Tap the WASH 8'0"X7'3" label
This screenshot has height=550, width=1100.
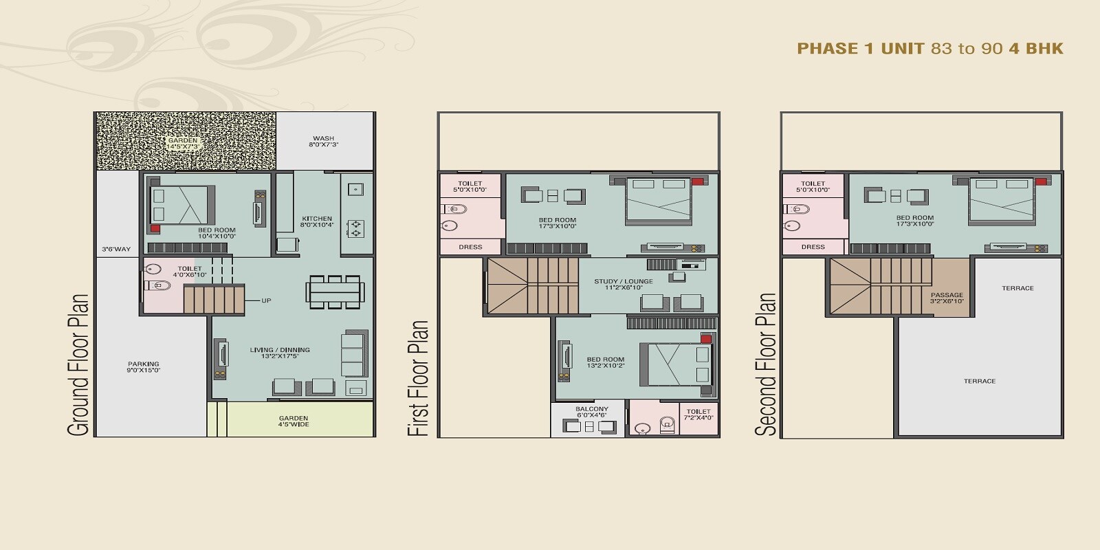click(x=323, y=142)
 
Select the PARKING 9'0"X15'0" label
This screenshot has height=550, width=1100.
click(x=143, y=367)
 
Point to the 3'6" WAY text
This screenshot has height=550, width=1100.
click(x=115, y=249)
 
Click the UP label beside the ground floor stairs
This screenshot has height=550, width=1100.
click(x=265, y=300)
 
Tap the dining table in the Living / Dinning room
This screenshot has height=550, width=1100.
click(x=334, y=291)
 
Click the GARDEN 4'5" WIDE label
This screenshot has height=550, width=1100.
click(x=294, y=421)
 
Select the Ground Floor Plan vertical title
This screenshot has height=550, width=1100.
click(x=78, y=364)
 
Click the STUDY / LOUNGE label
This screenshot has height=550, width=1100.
click(x=624, y=284)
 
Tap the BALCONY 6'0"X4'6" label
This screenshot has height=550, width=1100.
click(x=591, y=412)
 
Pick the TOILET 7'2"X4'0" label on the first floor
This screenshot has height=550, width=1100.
click(x=698, y=414)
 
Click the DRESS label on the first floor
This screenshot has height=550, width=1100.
click(x=470, y=247)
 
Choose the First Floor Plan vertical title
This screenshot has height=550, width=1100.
click(x=418, y=377)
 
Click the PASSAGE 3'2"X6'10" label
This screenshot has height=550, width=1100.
click(x=947, y=298)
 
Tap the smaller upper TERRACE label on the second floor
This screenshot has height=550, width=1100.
click(x=1017, y=288)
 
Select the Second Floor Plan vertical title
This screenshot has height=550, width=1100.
click(x=765, y=364)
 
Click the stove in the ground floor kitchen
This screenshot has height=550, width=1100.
click(x=355, y=228)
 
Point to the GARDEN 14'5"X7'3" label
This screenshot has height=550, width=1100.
click(x=183, y=143)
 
